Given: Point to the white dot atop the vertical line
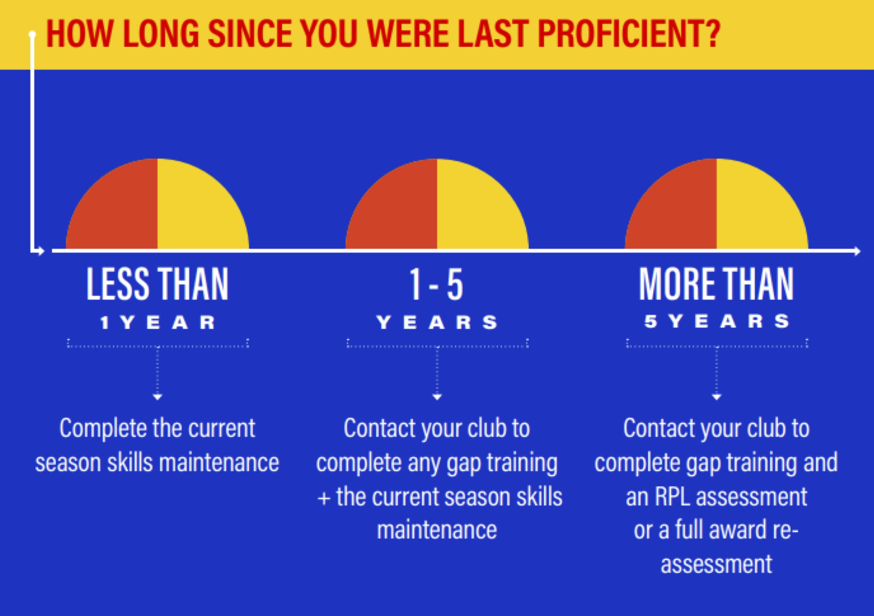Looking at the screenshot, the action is (32, 34).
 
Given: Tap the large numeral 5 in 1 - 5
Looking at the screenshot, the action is (455, 284).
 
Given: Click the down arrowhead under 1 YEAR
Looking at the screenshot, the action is (158, 397).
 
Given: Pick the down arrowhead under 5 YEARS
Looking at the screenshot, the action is (717, 397).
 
